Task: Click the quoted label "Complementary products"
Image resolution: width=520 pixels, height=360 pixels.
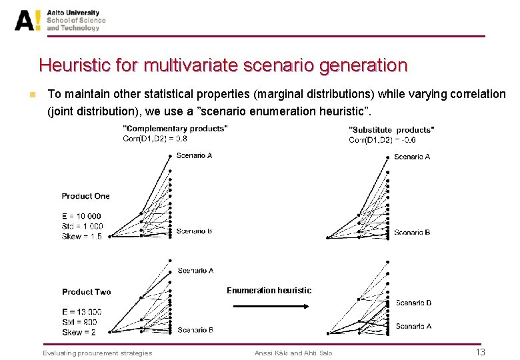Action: (x=175, y=128)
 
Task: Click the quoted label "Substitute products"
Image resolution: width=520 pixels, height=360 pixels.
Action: (x=391, y=129)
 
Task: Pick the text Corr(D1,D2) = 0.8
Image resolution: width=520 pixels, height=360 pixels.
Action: (x=155, y=139)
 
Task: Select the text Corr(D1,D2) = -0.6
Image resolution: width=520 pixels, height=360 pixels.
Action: (x=382, y=139)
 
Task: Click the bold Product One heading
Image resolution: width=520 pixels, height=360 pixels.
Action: (x=85, y=196)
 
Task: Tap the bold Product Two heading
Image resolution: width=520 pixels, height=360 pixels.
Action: (x=86, y=292)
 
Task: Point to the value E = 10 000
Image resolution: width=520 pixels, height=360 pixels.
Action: (x=81, y=216)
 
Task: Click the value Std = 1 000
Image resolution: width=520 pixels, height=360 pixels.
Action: (x=82, y=226)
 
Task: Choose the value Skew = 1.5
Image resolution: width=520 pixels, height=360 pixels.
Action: (x=81, y=236)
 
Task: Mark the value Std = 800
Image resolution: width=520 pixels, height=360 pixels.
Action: (x=79, y=322)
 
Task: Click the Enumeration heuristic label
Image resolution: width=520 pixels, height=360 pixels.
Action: (x=269, y=291)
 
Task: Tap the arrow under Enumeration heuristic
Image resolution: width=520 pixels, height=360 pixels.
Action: (x=269, y=307)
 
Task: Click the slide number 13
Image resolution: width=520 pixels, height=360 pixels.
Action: (x=480, y=352)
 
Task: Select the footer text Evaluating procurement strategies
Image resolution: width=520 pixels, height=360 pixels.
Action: (x=97, y=353)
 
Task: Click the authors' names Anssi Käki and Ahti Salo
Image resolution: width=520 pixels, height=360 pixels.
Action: (x=293, y=353)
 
